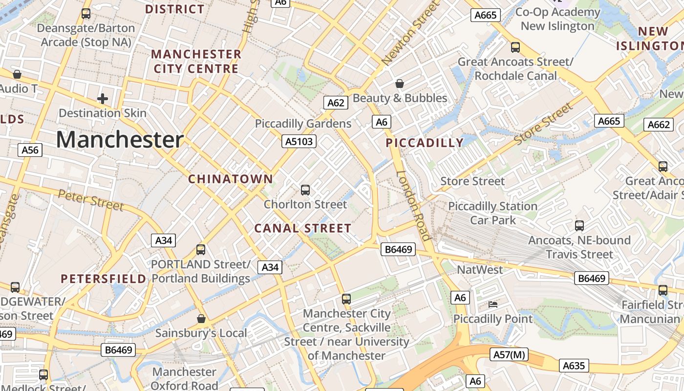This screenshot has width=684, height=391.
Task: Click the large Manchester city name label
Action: click(x=120, y=140)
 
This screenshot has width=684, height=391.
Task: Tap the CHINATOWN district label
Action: click(x=231, y=179)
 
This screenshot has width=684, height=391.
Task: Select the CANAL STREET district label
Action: click(x=303, y=228)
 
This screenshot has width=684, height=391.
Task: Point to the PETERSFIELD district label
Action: click(x=103, y=279)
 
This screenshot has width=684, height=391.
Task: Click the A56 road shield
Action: click(x=30, y=150)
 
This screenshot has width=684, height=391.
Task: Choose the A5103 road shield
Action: click(x=299, y=142)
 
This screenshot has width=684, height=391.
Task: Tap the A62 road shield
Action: click(x=336, y=103)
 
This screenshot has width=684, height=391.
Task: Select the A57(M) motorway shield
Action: click(x=509, y=354)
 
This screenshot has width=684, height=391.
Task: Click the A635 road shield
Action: click(x=574, y=366)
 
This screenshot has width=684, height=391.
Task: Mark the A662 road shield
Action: click(x=658, y=125)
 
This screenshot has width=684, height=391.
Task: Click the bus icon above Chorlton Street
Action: click(x=305, y=190)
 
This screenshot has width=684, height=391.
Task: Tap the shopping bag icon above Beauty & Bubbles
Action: click(x=400, y=84)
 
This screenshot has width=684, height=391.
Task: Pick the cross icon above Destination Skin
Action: click(x=103, y=99)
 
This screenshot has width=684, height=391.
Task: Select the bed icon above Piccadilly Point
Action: click(x=493, y=304)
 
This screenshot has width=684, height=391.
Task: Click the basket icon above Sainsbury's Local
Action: click(x=201, y=319)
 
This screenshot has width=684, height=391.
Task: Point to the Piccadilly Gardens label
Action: click(x=303, y=124)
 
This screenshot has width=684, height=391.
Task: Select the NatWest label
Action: click(x=479, y=270)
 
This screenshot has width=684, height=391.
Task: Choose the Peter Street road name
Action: click(x=91, y=200)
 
